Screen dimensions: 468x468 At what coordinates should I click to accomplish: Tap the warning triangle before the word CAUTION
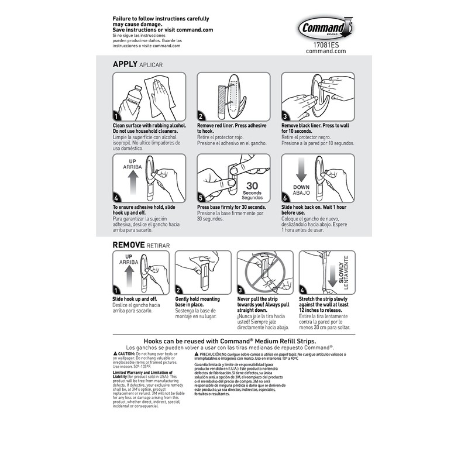point(115,355)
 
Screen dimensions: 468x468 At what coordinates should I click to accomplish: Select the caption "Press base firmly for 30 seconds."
point(232,208)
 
